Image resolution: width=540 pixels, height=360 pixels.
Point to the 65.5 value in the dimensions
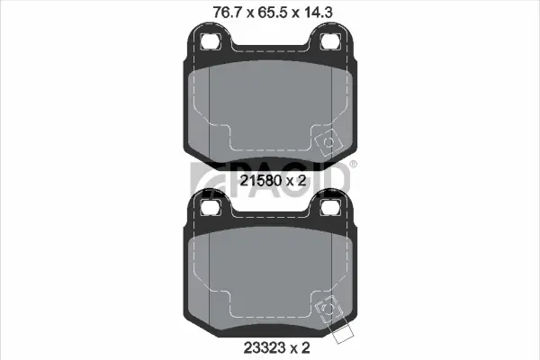pos(270,13)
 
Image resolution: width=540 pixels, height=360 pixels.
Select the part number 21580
pos(260,180)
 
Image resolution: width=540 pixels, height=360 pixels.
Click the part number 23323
pos(265,347)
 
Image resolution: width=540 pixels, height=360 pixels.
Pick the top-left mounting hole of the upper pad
pos(210,41)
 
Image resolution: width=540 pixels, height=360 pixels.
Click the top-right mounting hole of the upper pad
pos(330,41)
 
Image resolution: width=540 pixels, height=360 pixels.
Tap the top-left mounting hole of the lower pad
pos(210,208)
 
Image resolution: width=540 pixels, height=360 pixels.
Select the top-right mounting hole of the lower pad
pos(330,208)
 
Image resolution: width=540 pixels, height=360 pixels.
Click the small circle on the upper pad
pos(328,142)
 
